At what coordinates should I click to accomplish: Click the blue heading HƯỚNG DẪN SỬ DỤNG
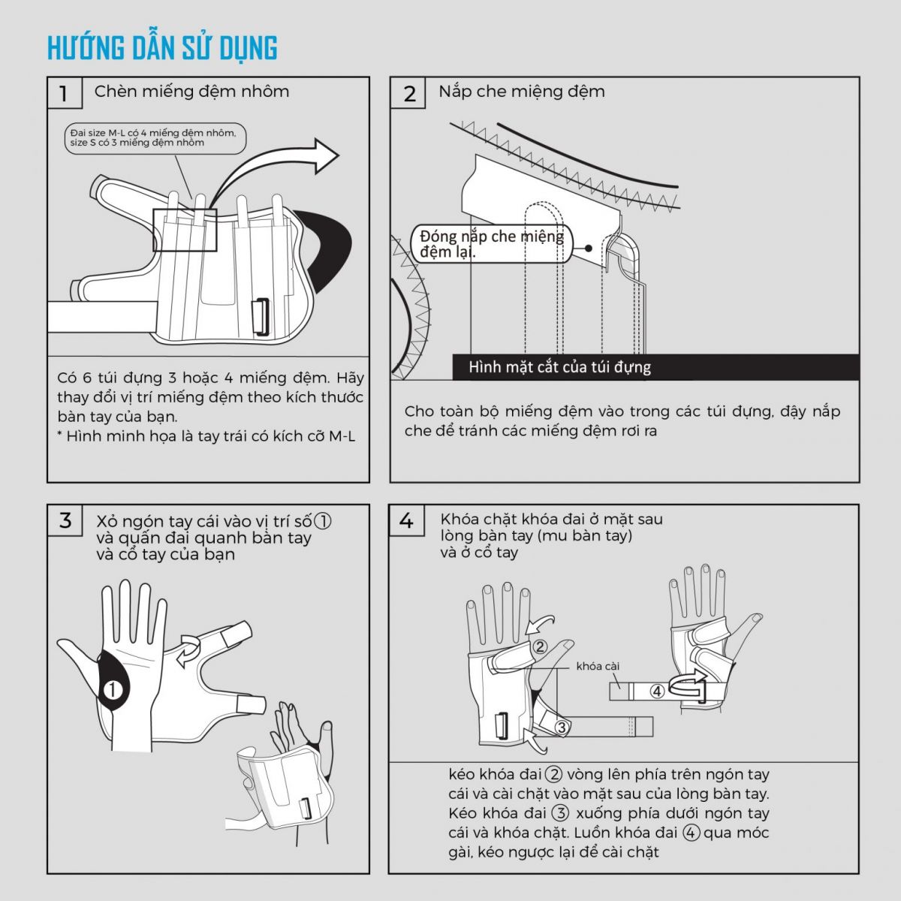[162, 48]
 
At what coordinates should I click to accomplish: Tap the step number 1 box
[65, 93]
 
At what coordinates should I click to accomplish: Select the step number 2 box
[408, 93]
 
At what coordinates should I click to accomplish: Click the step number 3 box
[65, 520]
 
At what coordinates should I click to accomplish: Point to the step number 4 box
[407, 520]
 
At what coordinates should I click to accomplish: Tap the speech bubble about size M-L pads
[155, 138]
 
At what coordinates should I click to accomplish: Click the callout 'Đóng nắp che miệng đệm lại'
[492, 243]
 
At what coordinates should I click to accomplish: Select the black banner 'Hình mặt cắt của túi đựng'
[655, 367]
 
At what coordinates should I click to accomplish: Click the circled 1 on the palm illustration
[112, 690]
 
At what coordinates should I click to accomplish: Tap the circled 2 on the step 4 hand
[540, 646]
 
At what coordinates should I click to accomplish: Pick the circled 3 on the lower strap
[562, 727]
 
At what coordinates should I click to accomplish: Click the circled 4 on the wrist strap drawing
[658, 691]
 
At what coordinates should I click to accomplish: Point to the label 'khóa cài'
[598, 666]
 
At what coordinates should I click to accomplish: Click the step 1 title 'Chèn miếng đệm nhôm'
[191, 92]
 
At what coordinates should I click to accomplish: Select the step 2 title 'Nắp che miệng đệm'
[522, 92]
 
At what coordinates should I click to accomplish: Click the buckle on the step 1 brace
[261, 318]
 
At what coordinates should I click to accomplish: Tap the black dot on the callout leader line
[589, 249]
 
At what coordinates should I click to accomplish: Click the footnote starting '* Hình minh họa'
[206, 436]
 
